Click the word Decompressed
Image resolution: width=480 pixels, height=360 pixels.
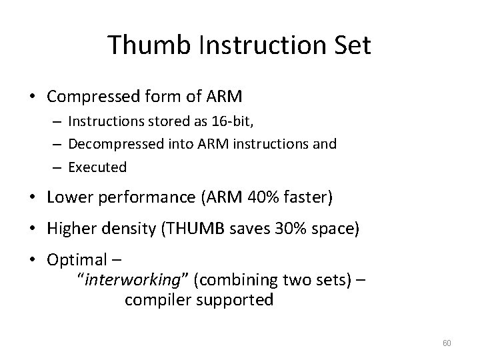click(x=111, y=145)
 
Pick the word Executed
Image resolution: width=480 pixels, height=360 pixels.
click(x=97, y=167)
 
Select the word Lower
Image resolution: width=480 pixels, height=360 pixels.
click(x=69, y=198)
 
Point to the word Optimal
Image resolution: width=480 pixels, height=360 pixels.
click(x=77, y=259)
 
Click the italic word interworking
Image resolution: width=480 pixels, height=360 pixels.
click(x=135, y=280)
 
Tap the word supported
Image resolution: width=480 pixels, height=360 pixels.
click(x=233, y=300)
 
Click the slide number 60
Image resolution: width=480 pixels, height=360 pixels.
click(x=447, y=343)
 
